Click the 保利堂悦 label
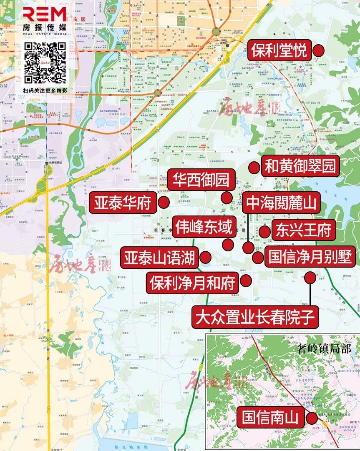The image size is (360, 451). point(279,50)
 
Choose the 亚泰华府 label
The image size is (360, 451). point(122,203)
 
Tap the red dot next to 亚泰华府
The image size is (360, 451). point(163,203)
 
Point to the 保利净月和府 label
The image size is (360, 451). point(192,283)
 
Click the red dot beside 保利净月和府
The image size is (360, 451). point(246,282)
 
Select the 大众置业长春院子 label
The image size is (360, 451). point(255,317)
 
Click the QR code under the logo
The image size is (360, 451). point(45,63)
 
